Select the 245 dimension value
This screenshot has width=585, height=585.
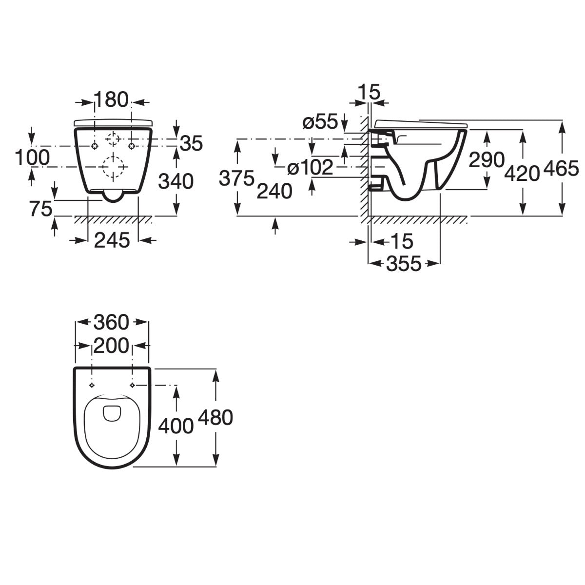tap(112, 240)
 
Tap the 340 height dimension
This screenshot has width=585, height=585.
tap(176, 181)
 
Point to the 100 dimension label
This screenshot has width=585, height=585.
tap(32, 158)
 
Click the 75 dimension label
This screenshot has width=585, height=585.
tap(41, 209)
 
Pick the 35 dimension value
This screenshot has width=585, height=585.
tap(191, 143)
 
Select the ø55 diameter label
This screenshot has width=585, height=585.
tap(320, 122)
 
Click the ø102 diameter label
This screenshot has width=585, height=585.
tap(310, 168)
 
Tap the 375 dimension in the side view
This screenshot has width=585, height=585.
tap(236, 178)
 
